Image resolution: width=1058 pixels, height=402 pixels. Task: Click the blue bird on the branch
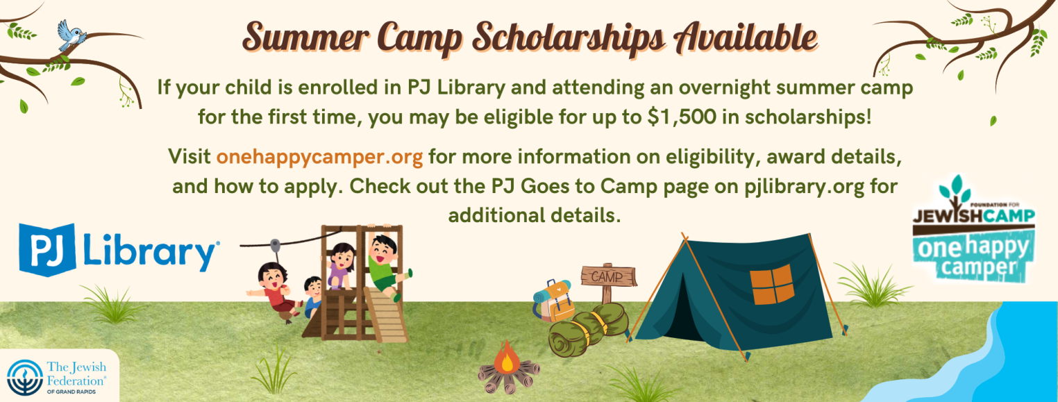click(71, 35)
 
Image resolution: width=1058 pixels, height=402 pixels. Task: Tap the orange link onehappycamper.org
click(319, 157)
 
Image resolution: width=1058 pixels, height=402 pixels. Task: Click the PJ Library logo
click(119, 249)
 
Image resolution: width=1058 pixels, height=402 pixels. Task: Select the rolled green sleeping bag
click(588, 330)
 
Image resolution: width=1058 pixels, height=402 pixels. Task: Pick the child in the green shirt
click(385, 267)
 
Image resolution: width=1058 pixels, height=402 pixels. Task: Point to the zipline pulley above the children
click(274, 246)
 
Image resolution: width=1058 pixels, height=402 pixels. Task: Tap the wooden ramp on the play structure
click(387, 315)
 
